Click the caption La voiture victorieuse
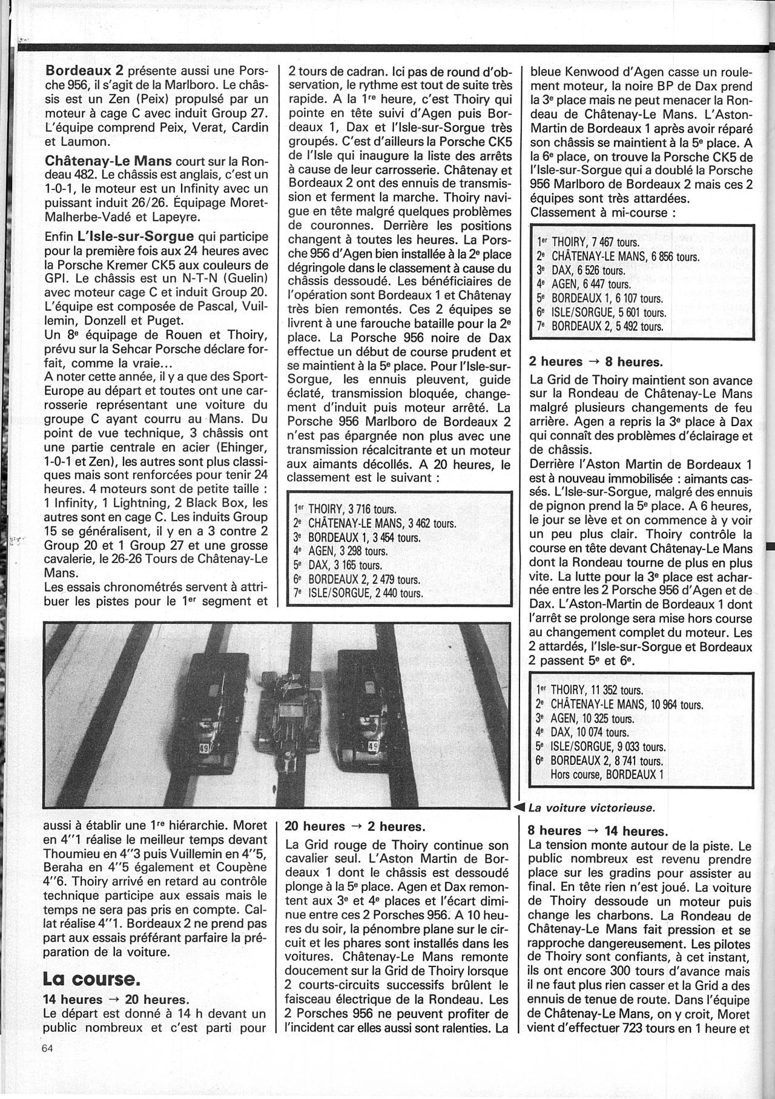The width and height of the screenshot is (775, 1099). (592, 808)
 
